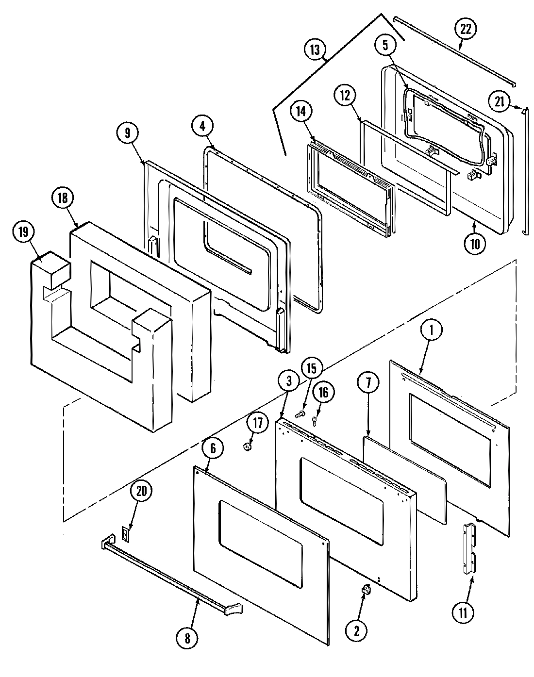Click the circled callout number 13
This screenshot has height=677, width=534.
click(x=316, y=50)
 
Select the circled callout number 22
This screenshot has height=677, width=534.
click(x=466, y=29)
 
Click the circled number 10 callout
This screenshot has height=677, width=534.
click(x=474, y=244)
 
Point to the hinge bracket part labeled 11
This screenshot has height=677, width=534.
click(x=469, y=549)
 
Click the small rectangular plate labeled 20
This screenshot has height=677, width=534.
click(x=125, y=534)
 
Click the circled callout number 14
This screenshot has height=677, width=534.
click(x=300, y=112)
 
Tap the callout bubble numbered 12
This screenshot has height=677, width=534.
click(x=345, y=95)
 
